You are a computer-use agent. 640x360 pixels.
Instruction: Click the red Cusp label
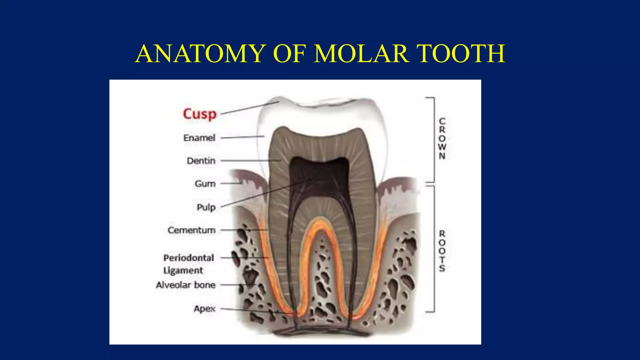click(x=200, y=114)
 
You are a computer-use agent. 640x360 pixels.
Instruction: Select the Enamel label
click(x=199, y=138)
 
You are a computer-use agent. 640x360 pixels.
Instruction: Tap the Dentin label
click(x=201, y=161)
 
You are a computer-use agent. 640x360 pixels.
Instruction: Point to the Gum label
click(x=205, y=184)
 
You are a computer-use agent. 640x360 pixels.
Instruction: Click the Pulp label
click(x=206, y=207)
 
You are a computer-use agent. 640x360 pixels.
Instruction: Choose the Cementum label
click(x=192, y=230)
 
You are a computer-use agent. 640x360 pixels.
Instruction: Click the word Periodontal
click(x=189, y=258)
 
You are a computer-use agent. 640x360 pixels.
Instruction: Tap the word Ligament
click(x=183, y=271)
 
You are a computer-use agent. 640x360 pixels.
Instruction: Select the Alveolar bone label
click(x=186, y=285)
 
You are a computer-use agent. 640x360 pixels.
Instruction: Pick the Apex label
click(x=205, y=309)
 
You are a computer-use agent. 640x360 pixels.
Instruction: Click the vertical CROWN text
click(x=442, y=138)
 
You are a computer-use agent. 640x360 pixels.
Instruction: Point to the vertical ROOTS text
click(x=442, y=251)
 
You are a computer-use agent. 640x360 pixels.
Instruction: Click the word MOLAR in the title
click(x=362, y=54)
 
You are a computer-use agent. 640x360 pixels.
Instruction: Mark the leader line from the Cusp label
click(x=250, y=108)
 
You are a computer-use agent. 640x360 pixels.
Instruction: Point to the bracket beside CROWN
click(x=433, y=139)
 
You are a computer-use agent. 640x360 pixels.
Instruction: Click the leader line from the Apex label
click(x=250, y=310)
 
